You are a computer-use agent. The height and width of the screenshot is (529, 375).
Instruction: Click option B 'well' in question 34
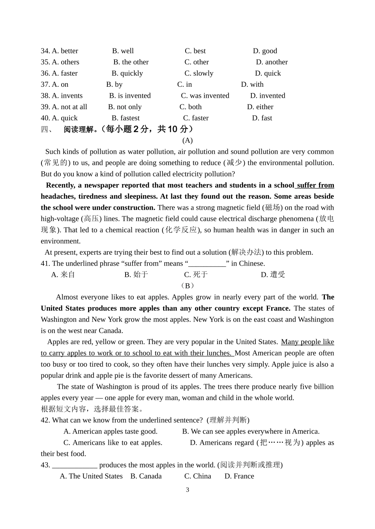pyautogui.click(x=123, y=51)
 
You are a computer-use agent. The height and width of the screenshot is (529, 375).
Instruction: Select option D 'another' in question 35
pyautogui.click(x=272, y=62)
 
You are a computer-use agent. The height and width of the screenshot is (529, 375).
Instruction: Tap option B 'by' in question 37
pyautogui.click(x=114, y=84)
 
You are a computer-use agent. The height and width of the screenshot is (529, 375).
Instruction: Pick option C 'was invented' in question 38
pyautogui.click(x=205, y=96)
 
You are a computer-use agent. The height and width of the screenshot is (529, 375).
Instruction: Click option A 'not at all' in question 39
pyautogui.click(x=69, y=107)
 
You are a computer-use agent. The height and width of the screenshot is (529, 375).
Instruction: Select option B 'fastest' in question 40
pyautogui.click(x=126, y=118)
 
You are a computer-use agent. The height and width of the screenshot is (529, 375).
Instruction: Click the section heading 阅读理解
pyautogui.click(x=80, y=129)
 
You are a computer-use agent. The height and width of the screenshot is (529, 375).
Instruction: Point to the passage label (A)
pyautogui.click(x=187, y=140)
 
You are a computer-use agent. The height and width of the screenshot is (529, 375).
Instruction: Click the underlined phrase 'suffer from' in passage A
pyautogui.click(x=315, y=185)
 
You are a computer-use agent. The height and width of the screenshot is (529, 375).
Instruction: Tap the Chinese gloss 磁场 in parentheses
pyautogui.click(x=272, y=208)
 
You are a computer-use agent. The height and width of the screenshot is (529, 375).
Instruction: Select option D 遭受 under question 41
pyautogui.click(x=273, y=275)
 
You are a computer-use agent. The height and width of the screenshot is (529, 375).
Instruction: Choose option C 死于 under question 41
pyautogui.click(x=196, y=275)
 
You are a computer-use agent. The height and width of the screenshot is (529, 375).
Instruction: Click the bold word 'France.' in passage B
pyautogui.click(x=278, y=308)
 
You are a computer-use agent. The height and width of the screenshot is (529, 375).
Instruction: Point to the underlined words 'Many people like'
pyautogui.click(x=307, y=342)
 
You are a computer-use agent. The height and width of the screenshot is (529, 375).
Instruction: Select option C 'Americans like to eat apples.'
pyautogui.click(x=113, y=443)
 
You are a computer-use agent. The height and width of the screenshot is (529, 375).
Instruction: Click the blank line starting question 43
pyautogui.click(x=75, y=466)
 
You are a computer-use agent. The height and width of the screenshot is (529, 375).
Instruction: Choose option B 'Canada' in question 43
pyautogui.click(x=146, y=476)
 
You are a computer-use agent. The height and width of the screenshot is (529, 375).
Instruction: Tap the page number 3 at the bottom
pyautogui.click(x=187, y=490)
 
